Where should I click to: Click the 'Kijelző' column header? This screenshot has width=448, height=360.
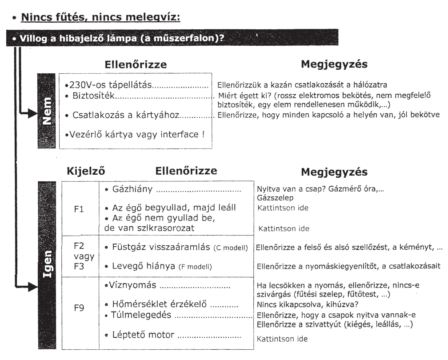click(x=86, y=171)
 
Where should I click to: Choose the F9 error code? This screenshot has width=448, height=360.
click(x=79, y=307)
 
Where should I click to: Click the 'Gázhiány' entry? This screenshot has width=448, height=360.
click(x=129, y=190)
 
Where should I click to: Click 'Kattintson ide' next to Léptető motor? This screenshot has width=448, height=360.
click(x=282, y=339)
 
